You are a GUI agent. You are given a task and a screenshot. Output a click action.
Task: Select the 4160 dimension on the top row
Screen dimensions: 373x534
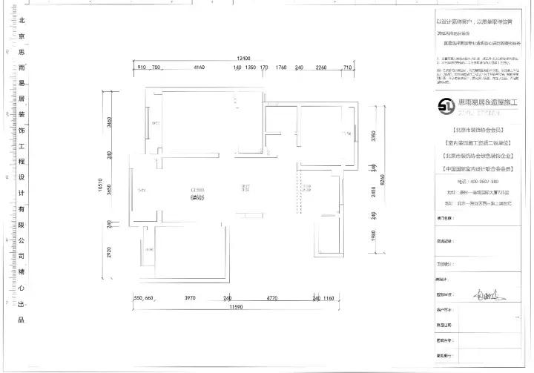tap(199, 67)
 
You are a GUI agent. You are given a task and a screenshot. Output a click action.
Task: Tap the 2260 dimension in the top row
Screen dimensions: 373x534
tap(321, 67)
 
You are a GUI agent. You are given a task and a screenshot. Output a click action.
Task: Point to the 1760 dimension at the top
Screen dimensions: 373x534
tap(280, 67)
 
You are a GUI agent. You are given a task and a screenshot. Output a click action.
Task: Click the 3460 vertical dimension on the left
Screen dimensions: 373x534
tap(109, 123)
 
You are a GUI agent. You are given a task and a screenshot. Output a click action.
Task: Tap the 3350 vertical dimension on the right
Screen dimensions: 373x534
tap(375, 136)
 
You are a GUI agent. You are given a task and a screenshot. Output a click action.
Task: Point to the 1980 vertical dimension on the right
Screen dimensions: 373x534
tap(375, 236)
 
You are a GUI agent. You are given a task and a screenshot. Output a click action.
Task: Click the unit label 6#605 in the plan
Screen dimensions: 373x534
tap(197, 198)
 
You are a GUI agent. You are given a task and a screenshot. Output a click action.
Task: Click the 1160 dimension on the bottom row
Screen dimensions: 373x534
tap(329, 298)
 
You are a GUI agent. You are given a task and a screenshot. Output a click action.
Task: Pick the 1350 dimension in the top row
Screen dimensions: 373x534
tap(251, 67)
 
